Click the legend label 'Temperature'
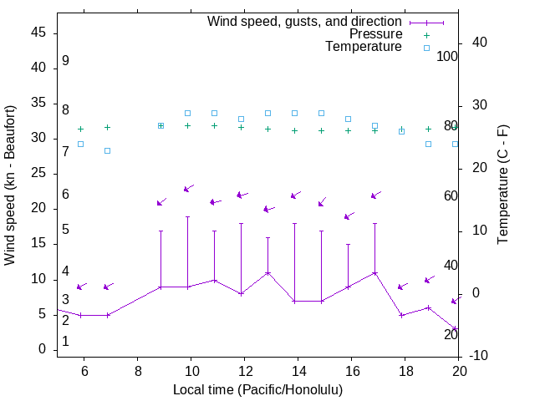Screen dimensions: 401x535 [x=364, y=47]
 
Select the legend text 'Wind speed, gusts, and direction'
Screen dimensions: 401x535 [x=305, y=22]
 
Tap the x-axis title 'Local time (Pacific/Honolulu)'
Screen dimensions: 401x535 [x=257, y=389]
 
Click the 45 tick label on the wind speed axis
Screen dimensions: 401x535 [x=38, y=33]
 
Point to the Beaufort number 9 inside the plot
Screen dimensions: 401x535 [x=65, y=61]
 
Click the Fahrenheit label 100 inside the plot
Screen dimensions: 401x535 [x=448, y=56]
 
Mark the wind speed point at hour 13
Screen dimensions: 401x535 [x=267, y=272]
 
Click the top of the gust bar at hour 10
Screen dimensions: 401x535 [x=187, y=217]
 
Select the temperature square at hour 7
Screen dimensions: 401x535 [x=107, y=150]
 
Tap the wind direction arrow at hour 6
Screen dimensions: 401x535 [x=81, y=287]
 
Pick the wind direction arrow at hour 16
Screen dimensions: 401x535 [x=349, y=216]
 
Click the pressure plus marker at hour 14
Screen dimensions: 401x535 [x=294, y=130]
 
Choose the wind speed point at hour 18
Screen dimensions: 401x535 [x=401, y=315]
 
